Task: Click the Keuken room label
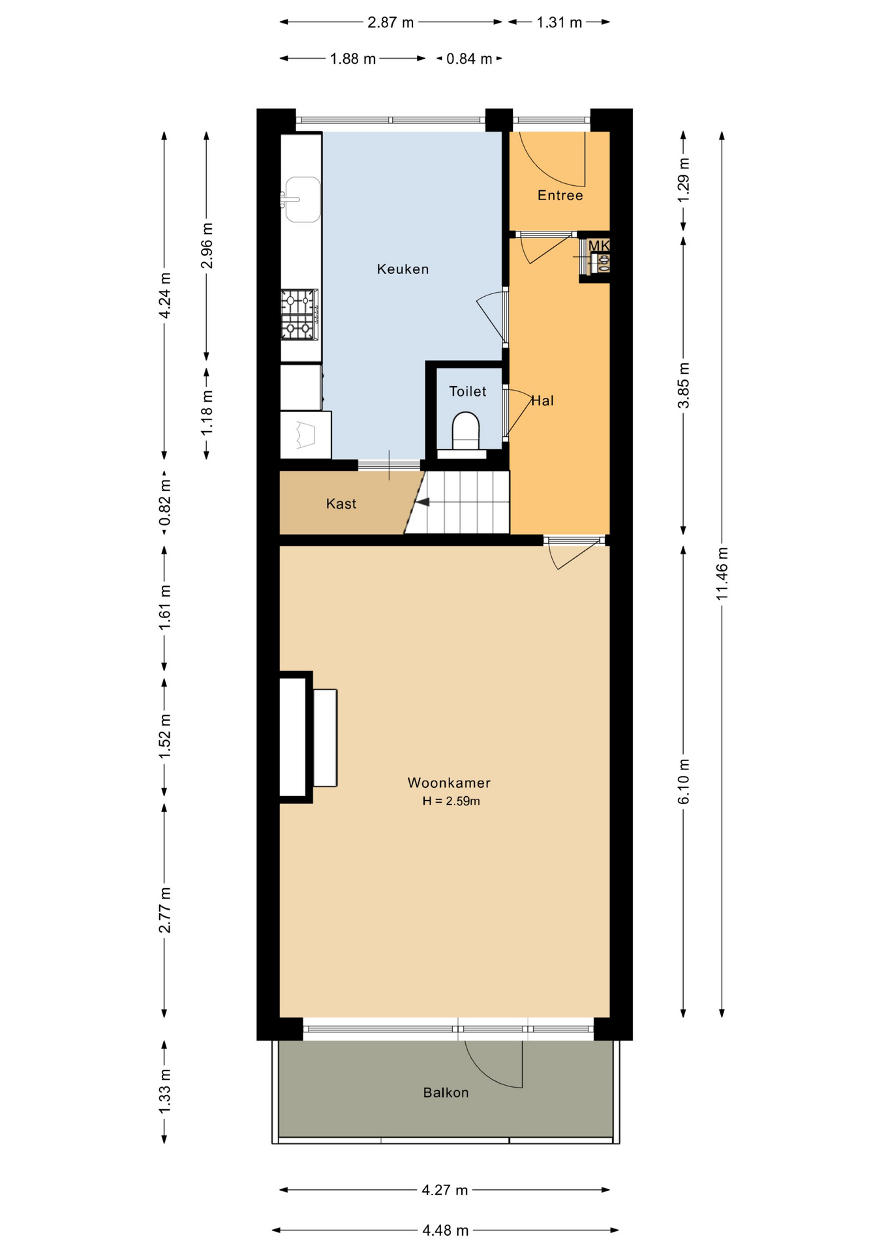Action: [x=403, y=269]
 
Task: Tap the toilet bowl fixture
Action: [x=466, y=431]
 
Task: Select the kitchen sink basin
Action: [x=303, y=200]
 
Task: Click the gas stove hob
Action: [x=300, y=315]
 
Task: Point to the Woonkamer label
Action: [x=449, y=782]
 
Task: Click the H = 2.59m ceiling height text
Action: [x=451, y=801]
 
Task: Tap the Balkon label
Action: [x=446, y=1092]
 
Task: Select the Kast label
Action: [x=341, y=503]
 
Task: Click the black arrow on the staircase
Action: [x=423, y=502]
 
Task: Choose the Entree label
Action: [x=560, y=195]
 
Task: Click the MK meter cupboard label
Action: [x=599, y=246]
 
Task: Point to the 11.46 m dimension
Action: [x=722, y=574]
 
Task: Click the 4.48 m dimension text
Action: [x=445, y=1230]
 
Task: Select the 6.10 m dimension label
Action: [x=683, y=782]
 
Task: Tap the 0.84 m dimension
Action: [x=469, y=59]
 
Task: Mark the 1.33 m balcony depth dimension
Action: [x=164, y=1092]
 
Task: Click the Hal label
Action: [x=542, y=400]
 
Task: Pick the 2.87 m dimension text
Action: [x=390, y=22]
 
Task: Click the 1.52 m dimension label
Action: [x=164, y=736]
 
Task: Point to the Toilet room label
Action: [x=468, y=391]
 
